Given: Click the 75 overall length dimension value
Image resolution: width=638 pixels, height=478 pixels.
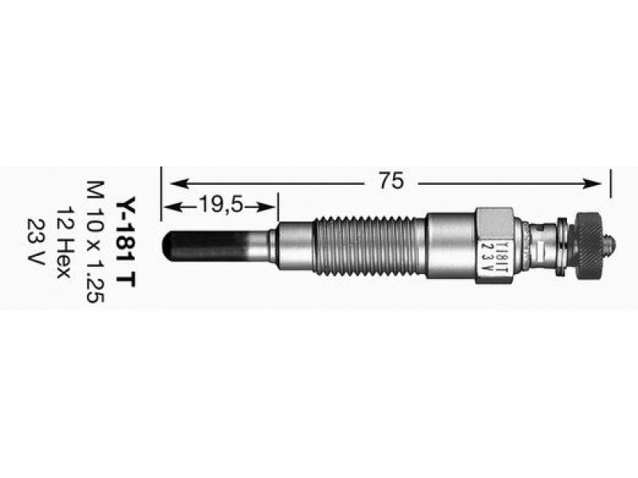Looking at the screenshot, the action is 391,181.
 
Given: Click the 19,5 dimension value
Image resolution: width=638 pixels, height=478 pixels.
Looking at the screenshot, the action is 220,206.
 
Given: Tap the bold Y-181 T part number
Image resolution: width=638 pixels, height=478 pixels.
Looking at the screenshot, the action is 125,244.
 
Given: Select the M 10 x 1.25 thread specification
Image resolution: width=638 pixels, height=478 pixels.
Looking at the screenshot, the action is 96,242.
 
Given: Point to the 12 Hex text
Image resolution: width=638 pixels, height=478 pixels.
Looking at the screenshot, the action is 64,243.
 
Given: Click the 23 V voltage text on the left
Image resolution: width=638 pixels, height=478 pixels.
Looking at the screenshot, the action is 35,241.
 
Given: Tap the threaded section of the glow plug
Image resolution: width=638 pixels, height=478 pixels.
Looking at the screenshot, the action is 365,246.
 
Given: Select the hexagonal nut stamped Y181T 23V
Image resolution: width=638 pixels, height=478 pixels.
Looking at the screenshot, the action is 494,246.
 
